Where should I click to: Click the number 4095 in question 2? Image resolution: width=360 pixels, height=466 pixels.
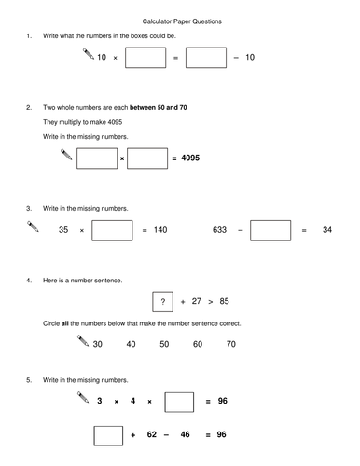tap(187, 158)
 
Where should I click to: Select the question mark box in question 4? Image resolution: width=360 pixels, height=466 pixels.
tap(163, 302)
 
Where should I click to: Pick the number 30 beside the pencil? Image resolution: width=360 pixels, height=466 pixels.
tap(97, 344)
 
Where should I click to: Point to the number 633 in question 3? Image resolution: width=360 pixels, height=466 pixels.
tap(220, 229)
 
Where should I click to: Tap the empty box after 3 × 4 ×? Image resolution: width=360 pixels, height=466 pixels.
tap(179, 402)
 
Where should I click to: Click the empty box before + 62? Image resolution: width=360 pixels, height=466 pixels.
tap(108, 435)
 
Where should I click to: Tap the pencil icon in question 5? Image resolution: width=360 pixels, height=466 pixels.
tap(81, 399)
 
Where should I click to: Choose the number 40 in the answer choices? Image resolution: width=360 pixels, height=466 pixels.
tap(131, 344)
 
